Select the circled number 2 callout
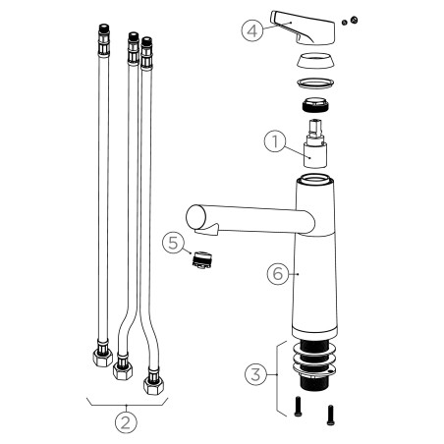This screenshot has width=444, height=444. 125,424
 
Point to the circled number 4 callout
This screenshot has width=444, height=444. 253,30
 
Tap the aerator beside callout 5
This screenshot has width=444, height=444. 203,261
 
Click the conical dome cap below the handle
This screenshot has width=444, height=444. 314,60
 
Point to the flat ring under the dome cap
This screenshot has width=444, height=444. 314,83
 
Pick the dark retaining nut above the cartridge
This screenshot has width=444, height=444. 314,107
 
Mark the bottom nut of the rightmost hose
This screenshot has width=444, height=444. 153,379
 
